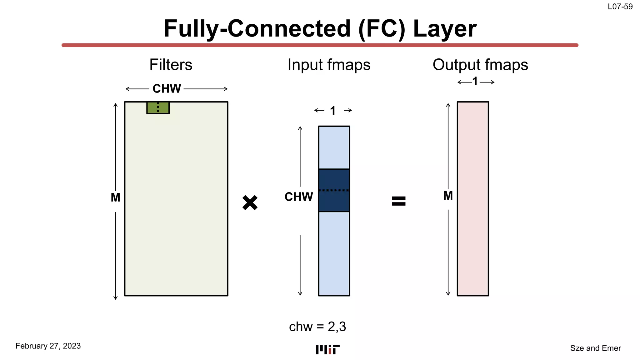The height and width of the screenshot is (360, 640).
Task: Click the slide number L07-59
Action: tap(620, 7)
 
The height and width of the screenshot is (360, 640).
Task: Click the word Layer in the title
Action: tap(445, 29)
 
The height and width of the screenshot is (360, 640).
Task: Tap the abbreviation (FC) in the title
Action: tap(382, 29)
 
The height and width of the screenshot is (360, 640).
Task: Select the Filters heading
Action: tap(171, 65)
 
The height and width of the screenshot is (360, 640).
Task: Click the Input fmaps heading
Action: tap(329, 65)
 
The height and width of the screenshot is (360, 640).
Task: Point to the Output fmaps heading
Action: tap(480, 65)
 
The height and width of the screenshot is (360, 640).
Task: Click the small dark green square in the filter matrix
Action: tap(158, 108)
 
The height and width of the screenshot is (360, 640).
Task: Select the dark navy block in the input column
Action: tap(334, 190)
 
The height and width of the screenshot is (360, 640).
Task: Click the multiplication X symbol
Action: tap(250, 203)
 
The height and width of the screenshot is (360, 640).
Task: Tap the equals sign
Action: tap(398, 201)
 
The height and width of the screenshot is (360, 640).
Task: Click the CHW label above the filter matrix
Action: tap(167, 89)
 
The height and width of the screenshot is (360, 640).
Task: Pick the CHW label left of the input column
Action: tap(298, 197)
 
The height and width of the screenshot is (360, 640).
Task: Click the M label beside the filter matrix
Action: tap(115, 197)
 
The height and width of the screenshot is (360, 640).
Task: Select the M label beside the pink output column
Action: tap(448, 196)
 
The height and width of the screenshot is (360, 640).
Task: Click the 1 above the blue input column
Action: tap(333, 111)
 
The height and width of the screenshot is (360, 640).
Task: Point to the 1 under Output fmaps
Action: tap(475, 82)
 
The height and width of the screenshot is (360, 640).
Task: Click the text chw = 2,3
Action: tap(317, 327)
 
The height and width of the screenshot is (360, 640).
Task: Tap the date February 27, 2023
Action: tap(48, 346)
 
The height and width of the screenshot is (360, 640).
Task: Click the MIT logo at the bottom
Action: tap(327, 349)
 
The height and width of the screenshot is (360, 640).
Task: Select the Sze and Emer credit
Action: tap(595, 348)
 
